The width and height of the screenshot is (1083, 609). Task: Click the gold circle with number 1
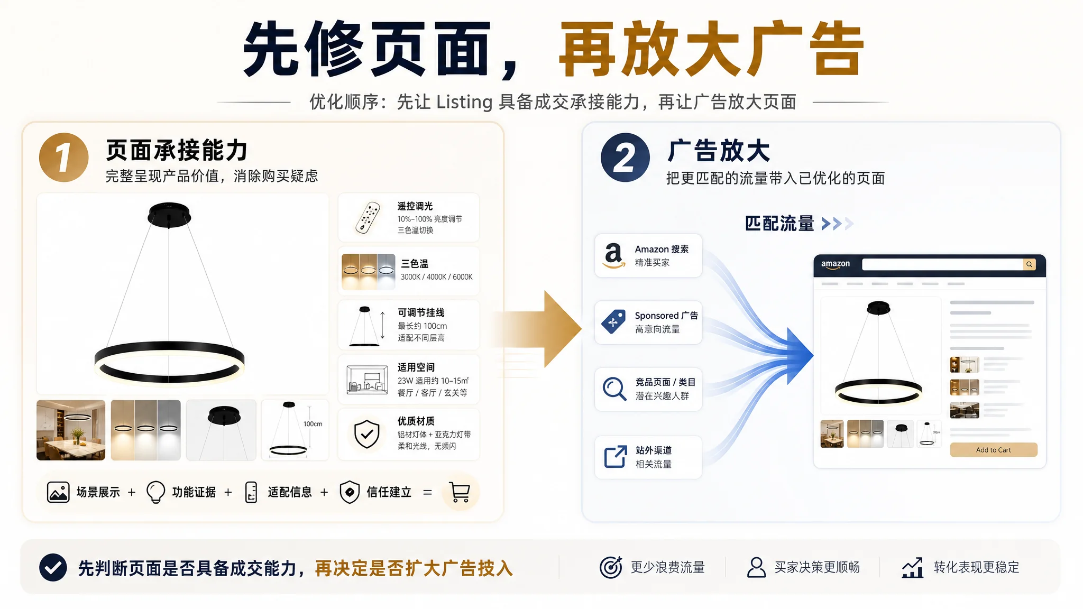64,158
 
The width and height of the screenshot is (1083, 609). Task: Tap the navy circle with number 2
625,158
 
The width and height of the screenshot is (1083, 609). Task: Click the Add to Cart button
994,450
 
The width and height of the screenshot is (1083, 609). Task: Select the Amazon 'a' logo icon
614,255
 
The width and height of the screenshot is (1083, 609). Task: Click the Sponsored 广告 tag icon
613,321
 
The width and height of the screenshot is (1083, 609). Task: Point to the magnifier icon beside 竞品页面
614,389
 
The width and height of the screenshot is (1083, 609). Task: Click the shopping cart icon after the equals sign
460,492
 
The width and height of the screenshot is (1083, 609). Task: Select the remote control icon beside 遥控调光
368,218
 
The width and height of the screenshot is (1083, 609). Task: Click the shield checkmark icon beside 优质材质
366,434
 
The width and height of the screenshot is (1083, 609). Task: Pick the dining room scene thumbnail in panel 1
71,430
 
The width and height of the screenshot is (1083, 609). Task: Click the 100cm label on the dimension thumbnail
313,424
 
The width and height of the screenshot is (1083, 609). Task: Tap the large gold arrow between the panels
539,329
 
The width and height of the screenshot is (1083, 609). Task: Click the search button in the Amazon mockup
1029,264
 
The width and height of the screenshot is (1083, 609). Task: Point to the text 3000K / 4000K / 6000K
436,277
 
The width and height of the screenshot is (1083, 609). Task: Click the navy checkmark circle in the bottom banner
53,568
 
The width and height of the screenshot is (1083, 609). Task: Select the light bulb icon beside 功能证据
155,492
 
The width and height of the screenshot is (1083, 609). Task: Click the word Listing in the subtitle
464,101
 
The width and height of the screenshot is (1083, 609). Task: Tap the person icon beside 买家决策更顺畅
756,567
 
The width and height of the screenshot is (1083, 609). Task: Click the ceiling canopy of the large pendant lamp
169,214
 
